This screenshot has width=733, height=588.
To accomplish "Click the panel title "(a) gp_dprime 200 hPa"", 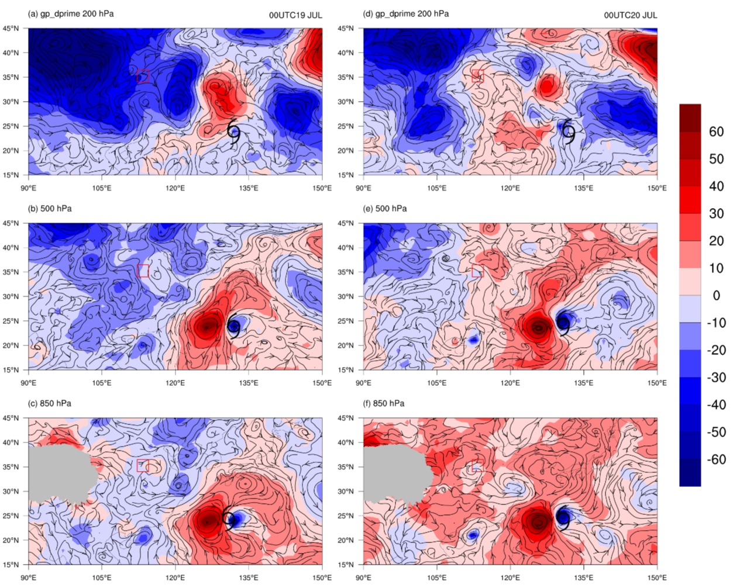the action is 71,14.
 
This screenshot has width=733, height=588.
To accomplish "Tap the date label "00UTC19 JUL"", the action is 295,15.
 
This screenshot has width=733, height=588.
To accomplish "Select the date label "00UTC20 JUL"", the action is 631,15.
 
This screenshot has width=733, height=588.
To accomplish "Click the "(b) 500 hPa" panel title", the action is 50,209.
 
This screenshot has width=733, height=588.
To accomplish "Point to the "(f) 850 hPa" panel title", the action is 384,403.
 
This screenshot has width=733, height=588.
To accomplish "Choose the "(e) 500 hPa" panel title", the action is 385,209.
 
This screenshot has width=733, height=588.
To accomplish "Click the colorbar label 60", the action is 716,132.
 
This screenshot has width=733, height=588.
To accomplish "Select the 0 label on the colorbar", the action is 716,295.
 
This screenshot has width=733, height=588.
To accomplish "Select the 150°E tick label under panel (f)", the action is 658,578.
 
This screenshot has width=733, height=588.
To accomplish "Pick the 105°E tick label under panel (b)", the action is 102,383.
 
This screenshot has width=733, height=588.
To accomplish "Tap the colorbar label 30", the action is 716,214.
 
